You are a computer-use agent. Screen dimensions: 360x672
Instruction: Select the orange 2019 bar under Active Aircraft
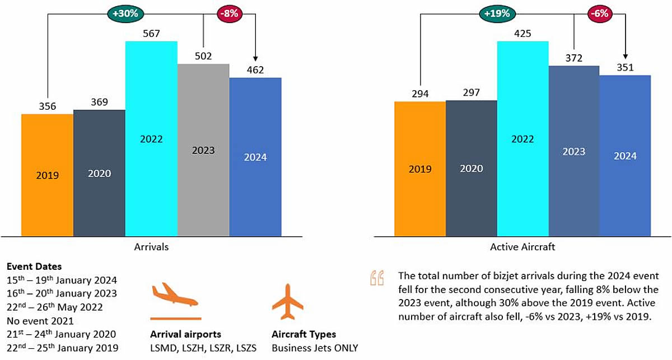pyautogui.click(x=420, y=168)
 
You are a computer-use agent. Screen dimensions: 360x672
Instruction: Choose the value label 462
pyautogui.click(x=255, y=70)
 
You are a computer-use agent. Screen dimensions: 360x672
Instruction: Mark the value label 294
pyautogui.click(x=419, y=93)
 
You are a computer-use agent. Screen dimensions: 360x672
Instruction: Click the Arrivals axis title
pyautogui.click(x=151, y=246)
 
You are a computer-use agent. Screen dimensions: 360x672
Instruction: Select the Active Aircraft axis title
pyautogui.click(x=522, y=246)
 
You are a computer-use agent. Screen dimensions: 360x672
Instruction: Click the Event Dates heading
pyautogui.click(x=34, y=267)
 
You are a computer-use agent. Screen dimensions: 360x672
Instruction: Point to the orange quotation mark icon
pyautogui.click(x=377, y=278)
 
